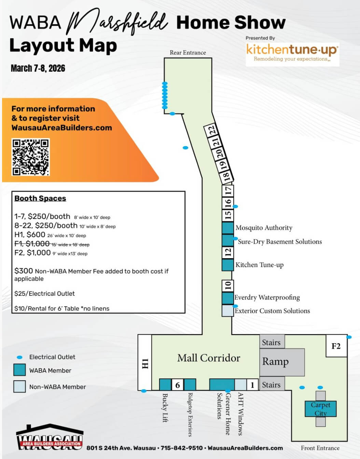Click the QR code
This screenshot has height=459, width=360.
[x=31, y=157]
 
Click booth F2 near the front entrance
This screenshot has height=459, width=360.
[x=336, y=346]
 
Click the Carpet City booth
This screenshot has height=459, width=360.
[x=320, y=409]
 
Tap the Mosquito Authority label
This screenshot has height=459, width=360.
[x=264, y=228]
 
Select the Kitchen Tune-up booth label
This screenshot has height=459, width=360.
[x=259, y=265]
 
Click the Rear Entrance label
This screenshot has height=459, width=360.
[x=188, y=53]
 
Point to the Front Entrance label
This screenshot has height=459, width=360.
[x=320, y=448]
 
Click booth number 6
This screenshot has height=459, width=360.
[x=178, y=385]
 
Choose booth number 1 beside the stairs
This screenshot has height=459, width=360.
[x=252, y=385]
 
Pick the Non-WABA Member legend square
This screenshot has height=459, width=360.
[x=19, y=387]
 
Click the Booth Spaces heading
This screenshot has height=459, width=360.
[x=40, y=198]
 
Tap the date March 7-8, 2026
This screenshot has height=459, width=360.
[x=38, y=68]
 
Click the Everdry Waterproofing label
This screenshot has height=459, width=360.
[x=267, y=297]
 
